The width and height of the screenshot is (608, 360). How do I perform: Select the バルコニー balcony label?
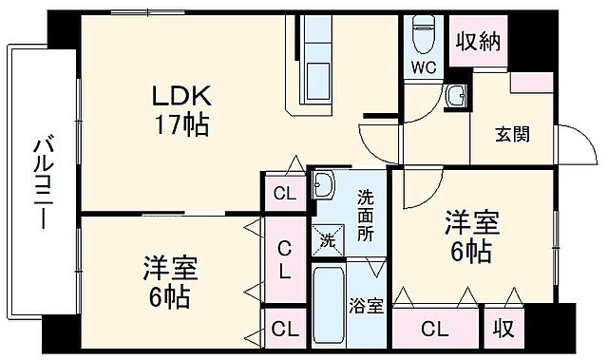tap(43, 182)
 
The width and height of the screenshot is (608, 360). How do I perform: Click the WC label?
tap(423, 66)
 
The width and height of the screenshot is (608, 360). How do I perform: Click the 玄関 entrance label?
tap(512, 134)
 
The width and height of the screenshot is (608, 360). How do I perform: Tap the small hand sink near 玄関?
tap(458, 95)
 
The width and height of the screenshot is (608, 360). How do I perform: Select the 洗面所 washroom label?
tap(366, 216)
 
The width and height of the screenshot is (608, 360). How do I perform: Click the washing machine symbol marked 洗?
tap(326, 240)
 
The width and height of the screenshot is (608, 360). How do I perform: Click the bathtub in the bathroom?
tap(330, 306)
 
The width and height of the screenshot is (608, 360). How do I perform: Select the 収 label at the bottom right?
tap(503, 330)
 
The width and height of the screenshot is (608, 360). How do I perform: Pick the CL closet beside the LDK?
tap(284, 194)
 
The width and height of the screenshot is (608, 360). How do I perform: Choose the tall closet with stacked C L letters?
tap(284, 258)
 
